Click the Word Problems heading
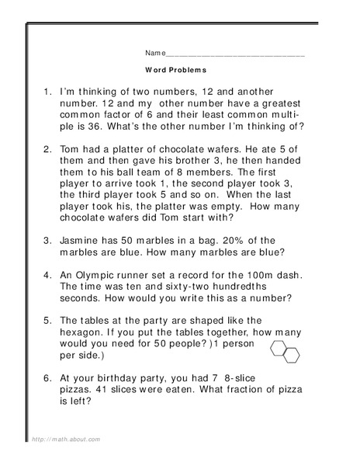[175, 69]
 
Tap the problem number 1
[47, 92]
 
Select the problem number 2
[47, 149]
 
